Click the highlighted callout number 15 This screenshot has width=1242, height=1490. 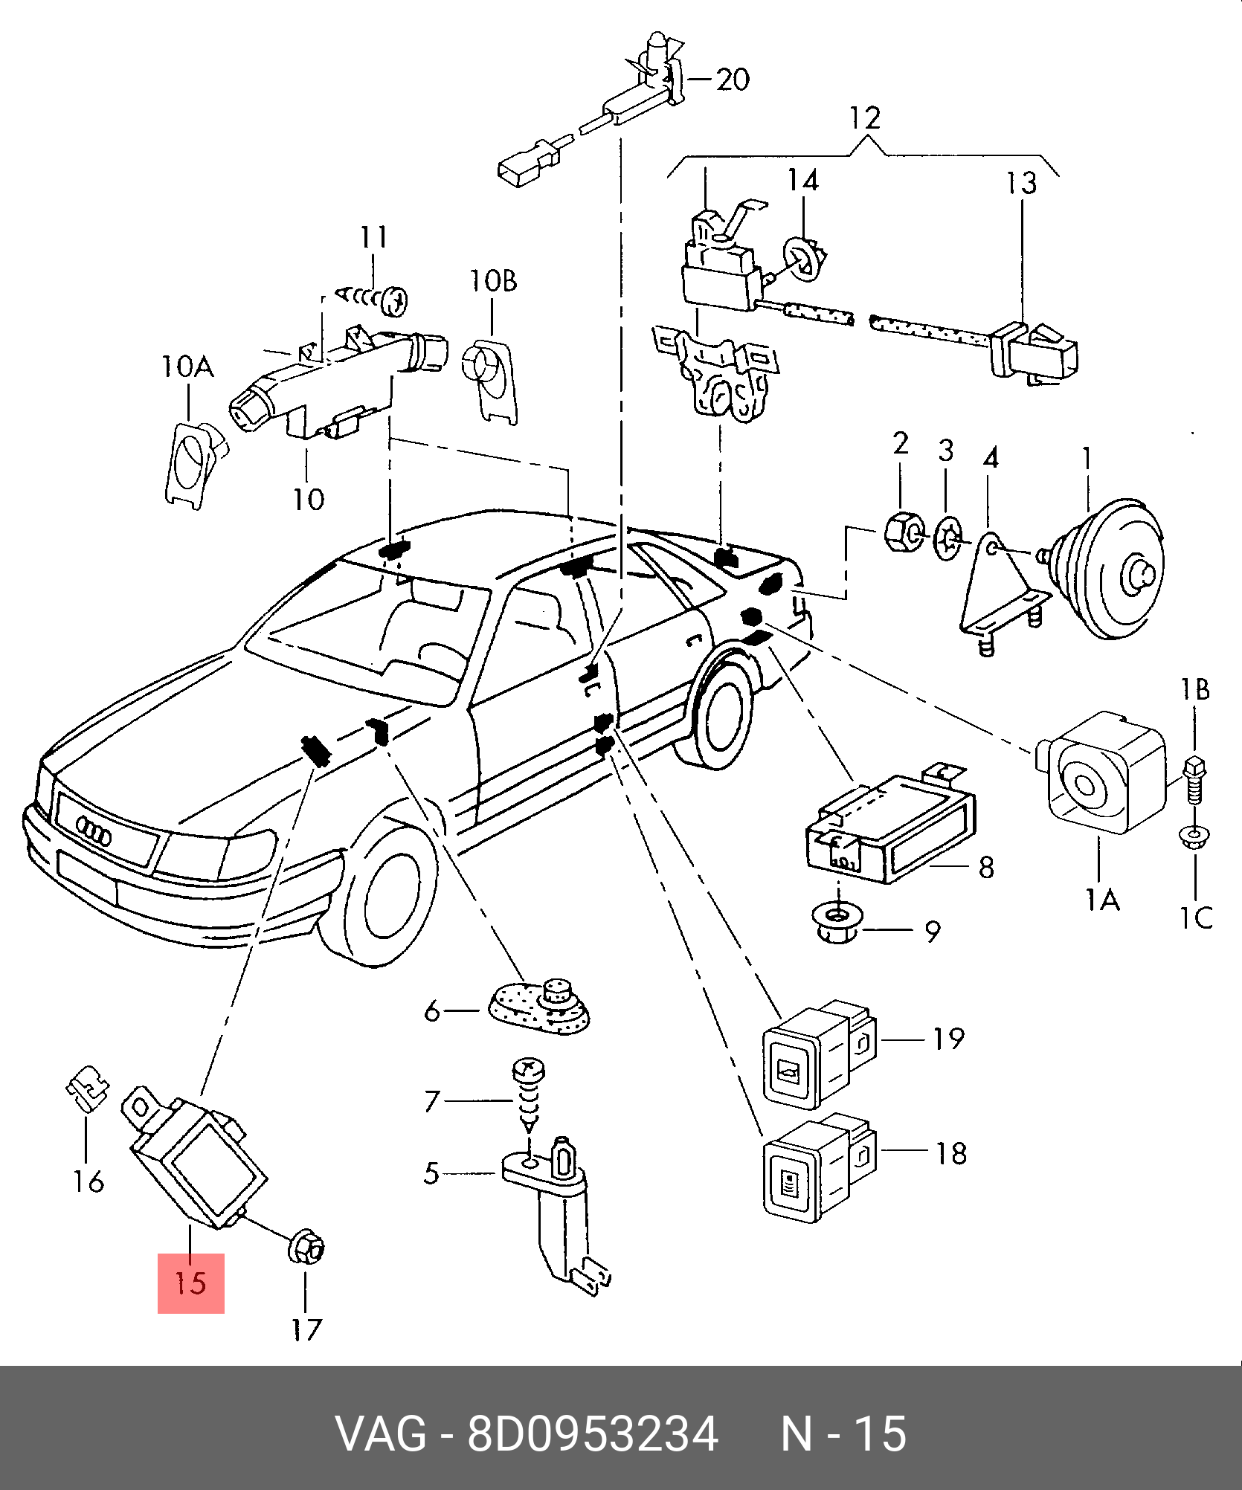click(190, 1283)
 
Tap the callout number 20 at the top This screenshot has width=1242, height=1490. click(732, 80)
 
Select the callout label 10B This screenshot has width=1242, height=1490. click(492, 281)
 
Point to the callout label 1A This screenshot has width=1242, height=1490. click(1102, 901)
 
